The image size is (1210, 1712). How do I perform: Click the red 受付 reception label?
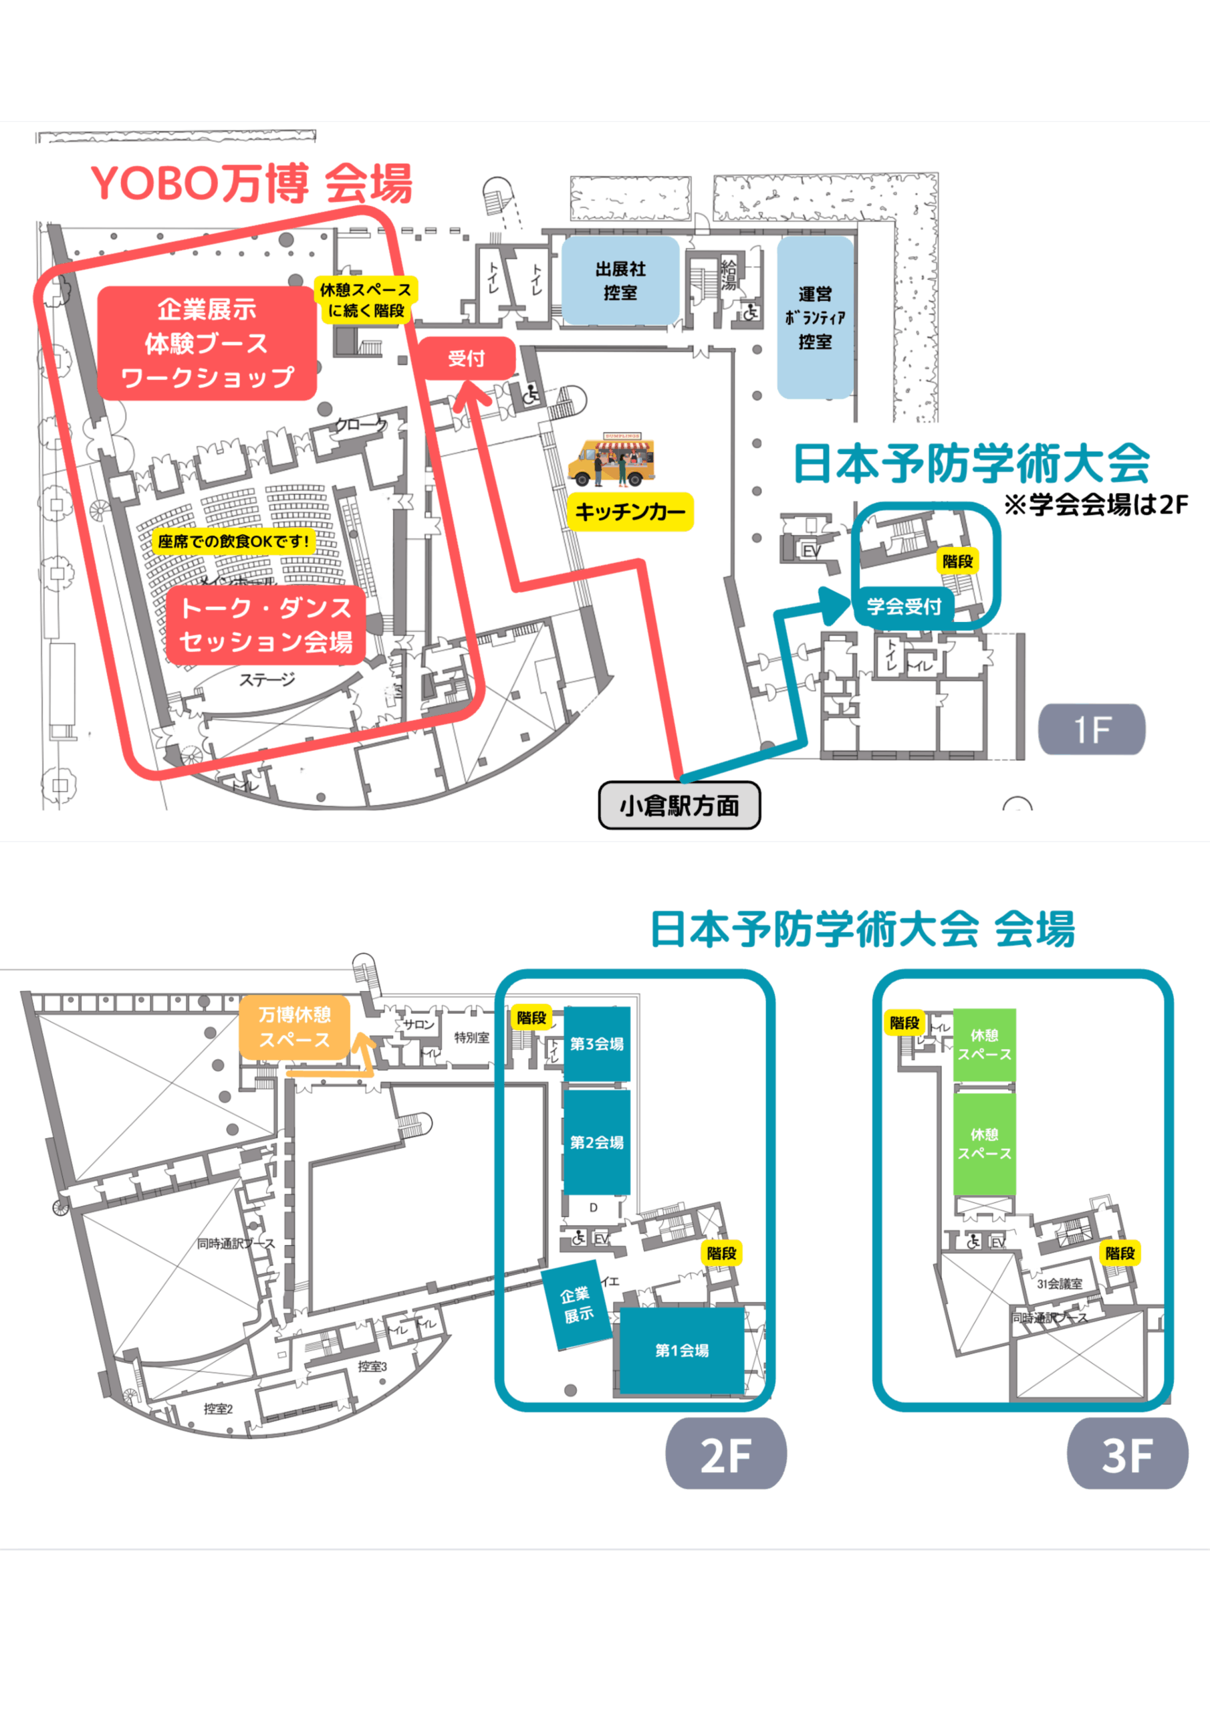point(466,358)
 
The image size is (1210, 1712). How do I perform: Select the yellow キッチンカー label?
point(630,512)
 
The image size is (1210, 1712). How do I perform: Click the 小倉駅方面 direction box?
point(679,805)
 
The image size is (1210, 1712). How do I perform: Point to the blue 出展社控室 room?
point(620,281)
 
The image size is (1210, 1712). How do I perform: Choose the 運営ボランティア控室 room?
point(815,318)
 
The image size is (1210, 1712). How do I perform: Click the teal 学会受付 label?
point(904,606)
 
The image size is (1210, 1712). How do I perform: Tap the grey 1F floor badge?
point(1092,729)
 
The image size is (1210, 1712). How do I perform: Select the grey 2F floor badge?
point(725,1454)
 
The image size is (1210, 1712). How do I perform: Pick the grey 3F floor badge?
point(1127,1454)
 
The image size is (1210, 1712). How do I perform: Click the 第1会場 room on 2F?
point(681,1350)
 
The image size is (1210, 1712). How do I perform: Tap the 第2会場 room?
point(596,1142)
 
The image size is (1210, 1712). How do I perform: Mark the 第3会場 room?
point(596,1044)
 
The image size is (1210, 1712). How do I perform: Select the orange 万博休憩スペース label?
point(295,1027)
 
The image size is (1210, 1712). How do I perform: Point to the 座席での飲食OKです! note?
point(233,541)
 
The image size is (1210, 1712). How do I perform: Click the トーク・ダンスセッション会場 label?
point(266,625)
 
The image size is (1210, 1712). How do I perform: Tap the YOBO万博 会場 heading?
point(251,183)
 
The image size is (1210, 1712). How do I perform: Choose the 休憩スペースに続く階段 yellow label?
point(365,300)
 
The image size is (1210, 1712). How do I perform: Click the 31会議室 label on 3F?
point(1060,1283)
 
